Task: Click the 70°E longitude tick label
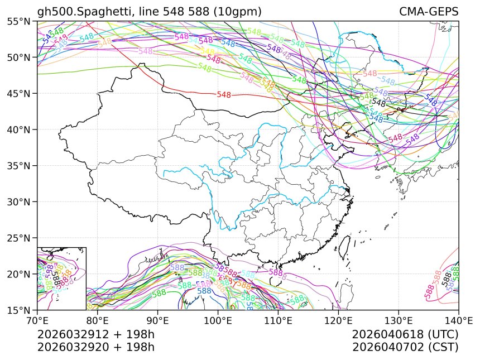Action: point(37,321)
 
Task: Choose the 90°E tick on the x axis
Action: point(158,321)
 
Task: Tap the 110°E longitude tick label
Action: point(279,321)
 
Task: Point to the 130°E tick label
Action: point(399,321)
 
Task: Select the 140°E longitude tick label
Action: point(459,321)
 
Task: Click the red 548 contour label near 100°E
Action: point(224,95)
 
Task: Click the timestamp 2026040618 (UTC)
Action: point(405,335)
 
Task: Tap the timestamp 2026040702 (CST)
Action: point(405,347)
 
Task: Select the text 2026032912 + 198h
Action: point(95,335)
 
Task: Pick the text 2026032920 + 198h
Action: point(95,347)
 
